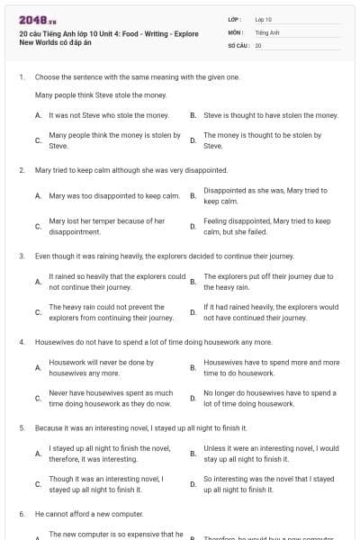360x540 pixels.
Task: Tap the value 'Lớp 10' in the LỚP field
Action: (x=264, y=19)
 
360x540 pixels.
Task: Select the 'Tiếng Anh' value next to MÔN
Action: (x=267, y=31)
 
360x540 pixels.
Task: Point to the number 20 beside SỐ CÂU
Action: (x=258, y=44)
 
